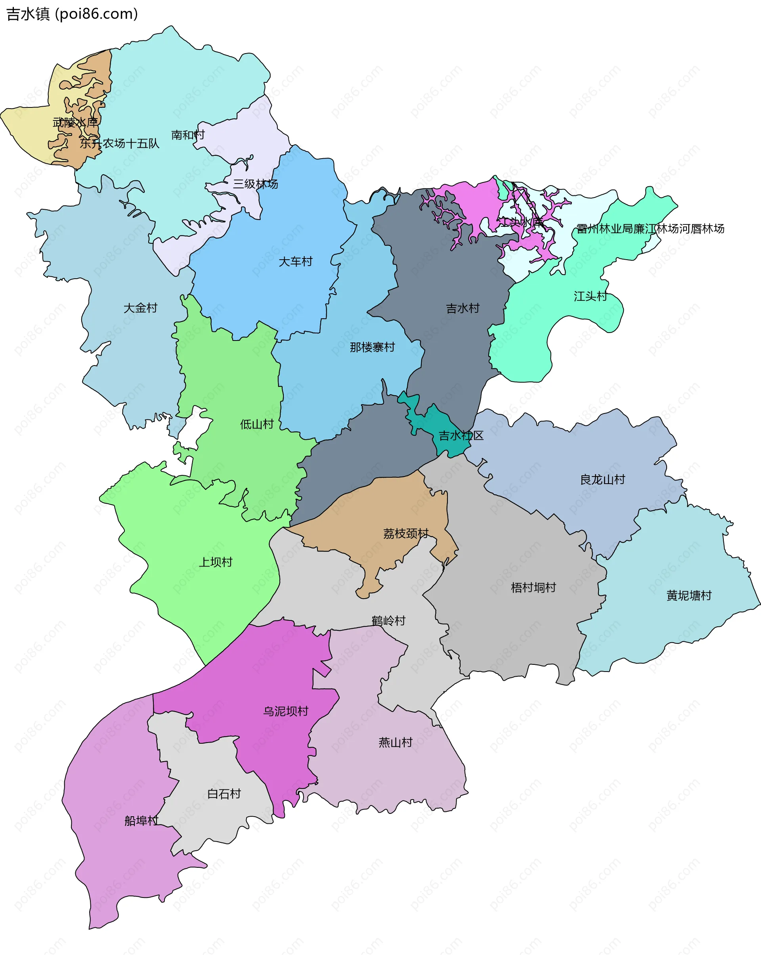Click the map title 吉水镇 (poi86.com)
click(x=72, y=14)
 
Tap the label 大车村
click(x=295, y=262)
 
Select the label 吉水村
click(x=463, y=308)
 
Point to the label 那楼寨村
click(x=372, y=347)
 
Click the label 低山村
click(x=257, y=424)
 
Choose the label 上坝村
click(x=216, y=563)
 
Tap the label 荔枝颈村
click(x=406, y=533)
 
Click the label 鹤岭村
click(x=388, y=621)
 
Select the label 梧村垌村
click(x=533, y=588)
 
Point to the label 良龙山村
click(x=602, y=480)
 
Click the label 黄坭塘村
click(x=689, y=596)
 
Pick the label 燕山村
click(x=396, y=743)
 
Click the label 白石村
click(x=224, y=794)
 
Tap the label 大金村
click(x=140, y=308)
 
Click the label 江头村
click(x=590, y=297)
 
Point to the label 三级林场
click(x=256, y=184)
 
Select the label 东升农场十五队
click(x=119, y=144)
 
